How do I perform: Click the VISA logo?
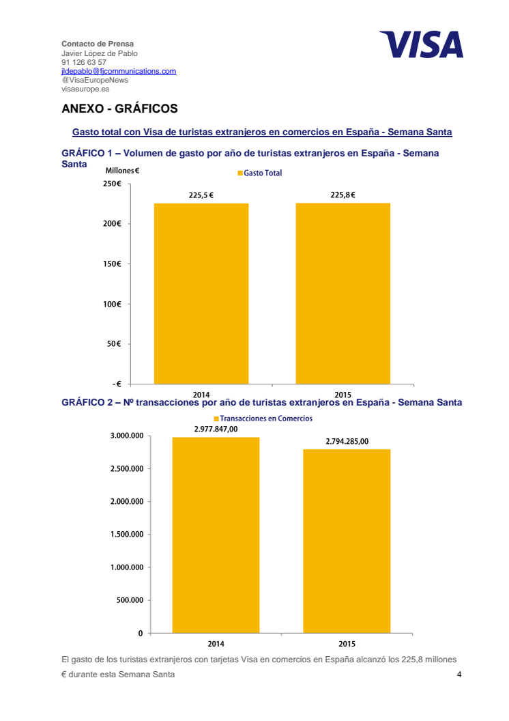(421, 44)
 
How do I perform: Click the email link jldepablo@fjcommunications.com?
(119, 71)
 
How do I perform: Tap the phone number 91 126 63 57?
(84, 62)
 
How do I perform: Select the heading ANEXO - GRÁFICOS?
(119, 109)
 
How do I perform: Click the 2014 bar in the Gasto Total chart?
(201, 294)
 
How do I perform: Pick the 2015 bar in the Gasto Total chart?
(343, 294)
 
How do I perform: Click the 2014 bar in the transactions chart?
(216, 535)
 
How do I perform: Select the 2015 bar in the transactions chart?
(347, 541)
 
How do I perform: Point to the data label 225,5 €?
(201, 195)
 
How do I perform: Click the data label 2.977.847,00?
(216, 429)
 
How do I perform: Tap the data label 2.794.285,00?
(347, 442)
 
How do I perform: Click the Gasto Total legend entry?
(259, 173)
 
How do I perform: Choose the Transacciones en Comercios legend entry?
(263, 419)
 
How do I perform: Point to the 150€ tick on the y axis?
(112, 264)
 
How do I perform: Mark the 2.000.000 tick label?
(127, 501)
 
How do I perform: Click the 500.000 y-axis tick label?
(130, 600)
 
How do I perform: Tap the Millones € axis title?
(122, 171)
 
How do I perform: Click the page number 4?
(459, 675)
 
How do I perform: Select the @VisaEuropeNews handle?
(95, 80)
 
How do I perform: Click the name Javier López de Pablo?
(100, 53)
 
